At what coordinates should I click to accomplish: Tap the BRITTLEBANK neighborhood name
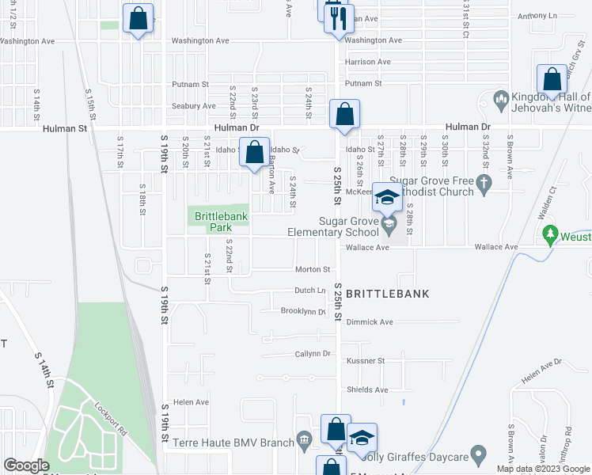387,294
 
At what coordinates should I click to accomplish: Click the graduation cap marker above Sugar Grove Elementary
387,198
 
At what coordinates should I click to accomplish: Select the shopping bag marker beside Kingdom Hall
552,80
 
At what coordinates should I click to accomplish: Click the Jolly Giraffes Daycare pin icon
477,455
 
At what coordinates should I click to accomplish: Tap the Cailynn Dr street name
312,353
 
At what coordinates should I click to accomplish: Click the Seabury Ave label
199,105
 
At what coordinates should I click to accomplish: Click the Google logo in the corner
26,465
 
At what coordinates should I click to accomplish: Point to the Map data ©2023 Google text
543,469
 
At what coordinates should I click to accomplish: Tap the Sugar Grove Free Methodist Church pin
486,183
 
